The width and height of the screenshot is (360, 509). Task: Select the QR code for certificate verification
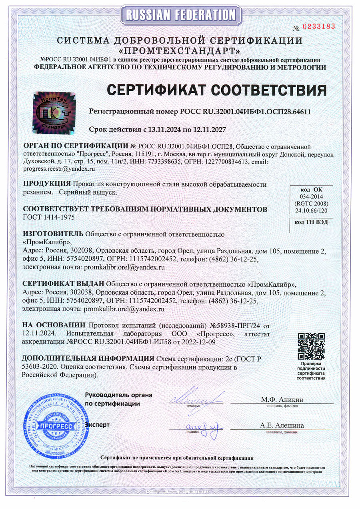coord(312,346)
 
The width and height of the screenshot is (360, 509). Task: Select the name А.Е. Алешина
coord(282,425)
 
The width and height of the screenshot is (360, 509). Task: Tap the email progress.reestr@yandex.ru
coord(59,169)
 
